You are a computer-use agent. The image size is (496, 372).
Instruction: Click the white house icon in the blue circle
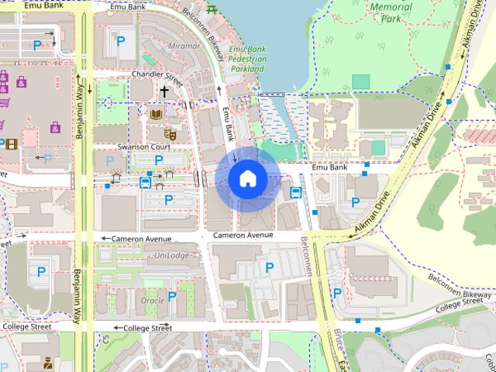[x=248, y=178]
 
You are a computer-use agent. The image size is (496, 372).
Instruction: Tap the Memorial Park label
[x=391, y=12]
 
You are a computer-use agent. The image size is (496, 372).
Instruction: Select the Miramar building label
[x=183, y=46]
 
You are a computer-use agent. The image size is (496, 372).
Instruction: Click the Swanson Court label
[x=144, y=146]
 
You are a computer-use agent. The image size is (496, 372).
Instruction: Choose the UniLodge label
[x=171, y=256]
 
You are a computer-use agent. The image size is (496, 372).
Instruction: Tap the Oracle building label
[x=152, y=300]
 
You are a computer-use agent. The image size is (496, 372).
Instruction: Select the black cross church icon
[x=164, y=92]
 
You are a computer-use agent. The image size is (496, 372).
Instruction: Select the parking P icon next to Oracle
[x=172, y=295]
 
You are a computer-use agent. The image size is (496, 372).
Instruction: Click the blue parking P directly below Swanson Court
[x=159, y=160]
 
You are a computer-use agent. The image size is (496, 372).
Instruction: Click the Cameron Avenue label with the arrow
[x=141, y=239]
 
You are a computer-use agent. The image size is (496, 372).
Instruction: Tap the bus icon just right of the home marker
[x=295, y=193]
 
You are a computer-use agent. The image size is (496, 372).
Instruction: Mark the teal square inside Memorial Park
[x=360, y=81]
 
